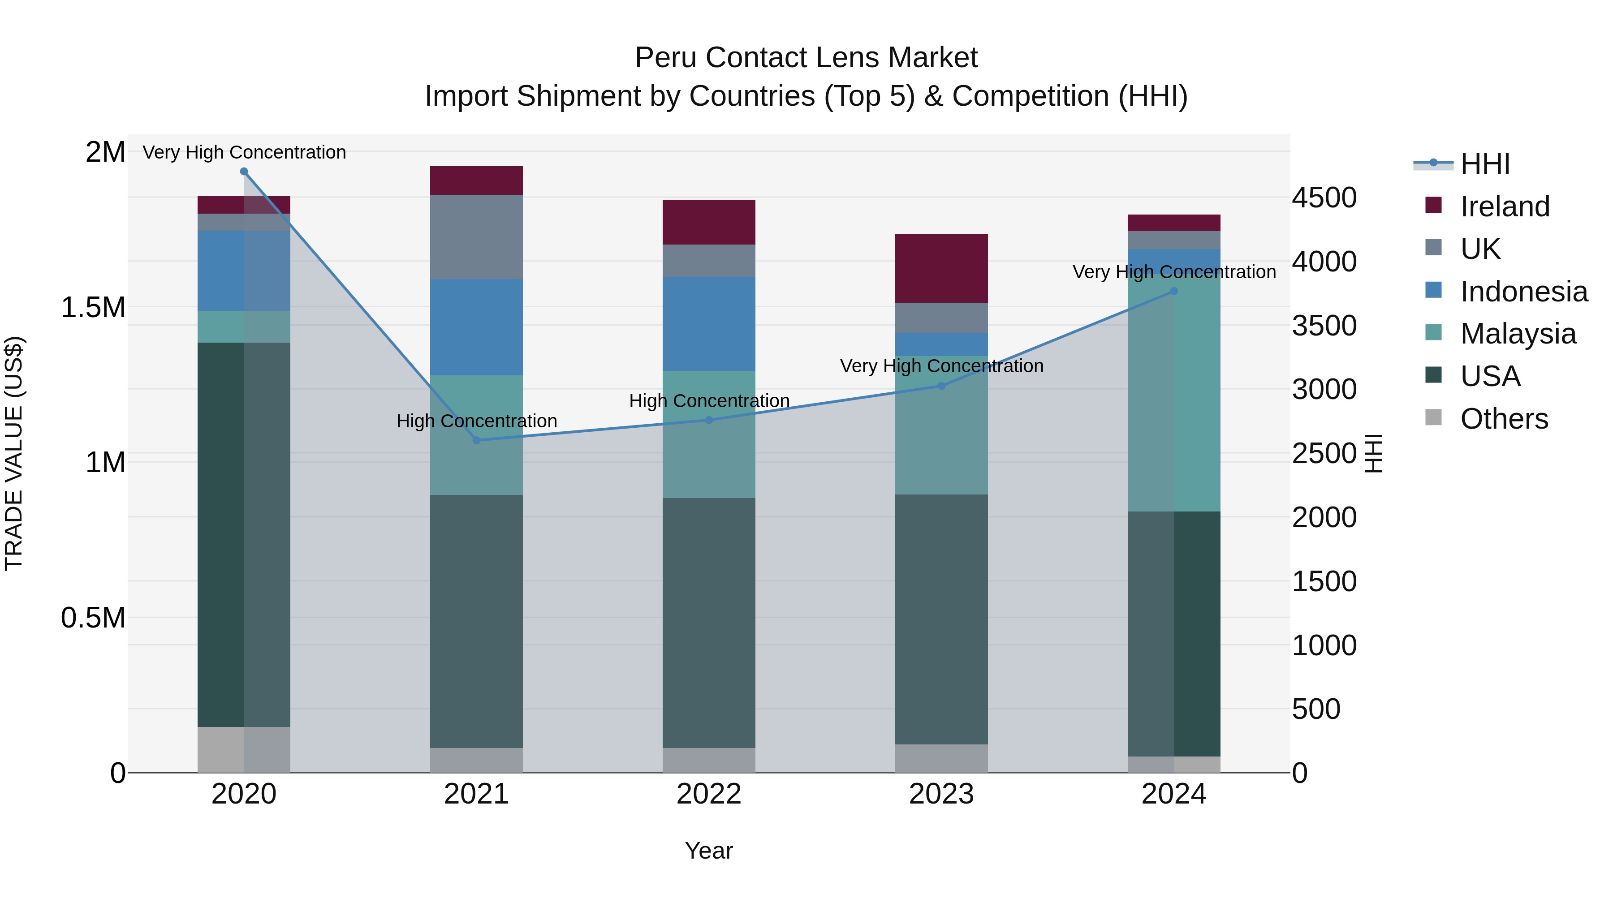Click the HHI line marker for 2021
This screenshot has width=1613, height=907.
click(477, 440)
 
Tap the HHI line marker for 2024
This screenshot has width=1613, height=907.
click(1174, 291)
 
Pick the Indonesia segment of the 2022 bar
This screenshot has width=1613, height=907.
click(709, 324)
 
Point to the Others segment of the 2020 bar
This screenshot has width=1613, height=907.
click(244, 749)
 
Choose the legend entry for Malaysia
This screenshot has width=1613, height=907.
click(1518, 334)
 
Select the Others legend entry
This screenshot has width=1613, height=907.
click(1503, 419)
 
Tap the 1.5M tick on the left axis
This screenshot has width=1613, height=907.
click(93, 307)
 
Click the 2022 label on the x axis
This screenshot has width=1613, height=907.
click(709, 794)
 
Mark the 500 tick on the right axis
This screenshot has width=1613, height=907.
click(1316, 709)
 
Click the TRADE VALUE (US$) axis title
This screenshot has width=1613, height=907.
click(14, 453)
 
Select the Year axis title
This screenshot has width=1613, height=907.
click(709, 851)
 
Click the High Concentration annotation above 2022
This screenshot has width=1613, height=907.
click(709, 400)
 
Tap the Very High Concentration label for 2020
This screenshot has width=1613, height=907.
click(244, 152)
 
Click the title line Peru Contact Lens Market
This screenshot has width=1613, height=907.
click(806, 58)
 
